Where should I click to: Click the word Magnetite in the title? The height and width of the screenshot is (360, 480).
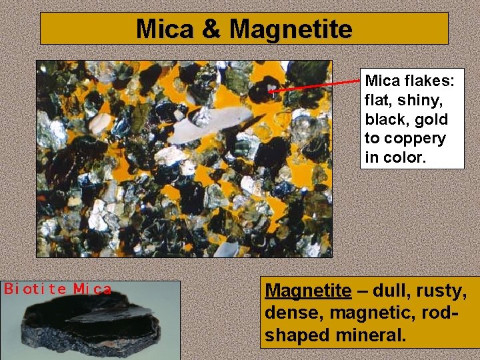tap(291, 29)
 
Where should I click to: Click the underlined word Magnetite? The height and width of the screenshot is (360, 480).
tap(307, 291)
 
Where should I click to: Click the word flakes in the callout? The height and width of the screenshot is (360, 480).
tap(429, 81)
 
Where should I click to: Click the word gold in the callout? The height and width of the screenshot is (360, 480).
tap(433, 120)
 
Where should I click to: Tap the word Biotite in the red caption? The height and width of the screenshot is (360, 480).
tap(35, 289)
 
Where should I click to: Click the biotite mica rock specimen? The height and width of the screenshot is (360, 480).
tap(91, 323)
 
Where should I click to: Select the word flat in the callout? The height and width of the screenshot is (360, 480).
tap(378, 101)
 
